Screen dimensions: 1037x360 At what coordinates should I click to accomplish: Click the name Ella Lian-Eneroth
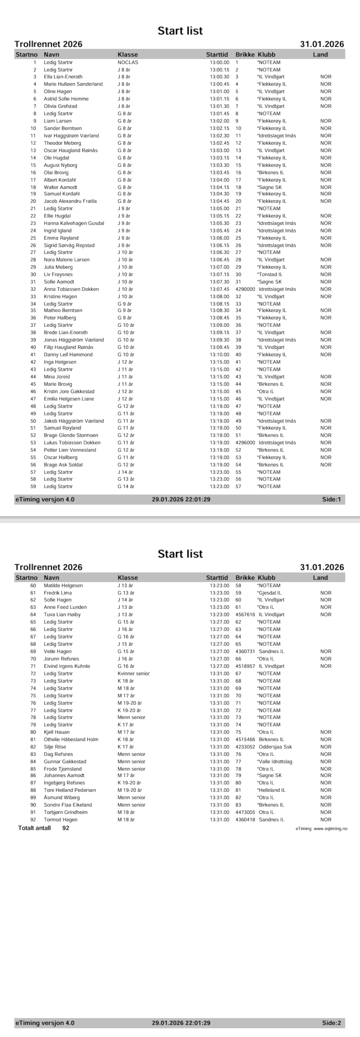tap(63, 77)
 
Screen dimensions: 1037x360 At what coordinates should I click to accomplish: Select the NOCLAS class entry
tap(128, 62)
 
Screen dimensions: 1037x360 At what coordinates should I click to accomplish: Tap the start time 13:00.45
tap(219, 84)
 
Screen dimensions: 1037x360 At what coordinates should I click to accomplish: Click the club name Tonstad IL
tap(270, 275)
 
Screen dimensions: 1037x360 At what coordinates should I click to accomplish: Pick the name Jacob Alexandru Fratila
tap(70, 201)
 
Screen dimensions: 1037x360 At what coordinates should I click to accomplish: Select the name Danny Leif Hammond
tap(68, 355)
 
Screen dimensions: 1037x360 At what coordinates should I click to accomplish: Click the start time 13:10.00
tap(219, 355)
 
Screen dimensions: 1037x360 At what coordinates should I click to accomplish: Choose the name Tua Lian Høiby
tap(62, 615)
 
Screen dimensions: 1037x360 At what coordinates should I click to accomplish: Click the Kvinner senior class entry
tap(134, 674)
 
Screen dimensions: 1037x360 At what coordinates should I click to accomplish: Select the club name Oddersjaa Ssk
tap(276, 747)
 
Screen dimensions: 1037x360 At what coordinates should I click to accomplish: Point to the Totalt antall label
tap(35, 828)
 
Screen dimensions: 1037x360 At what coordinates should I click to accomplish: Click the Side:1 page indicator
tap(331, 500)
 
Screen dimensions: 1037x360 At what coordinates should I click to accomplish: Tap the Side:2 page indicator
tap(331, 1023)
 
